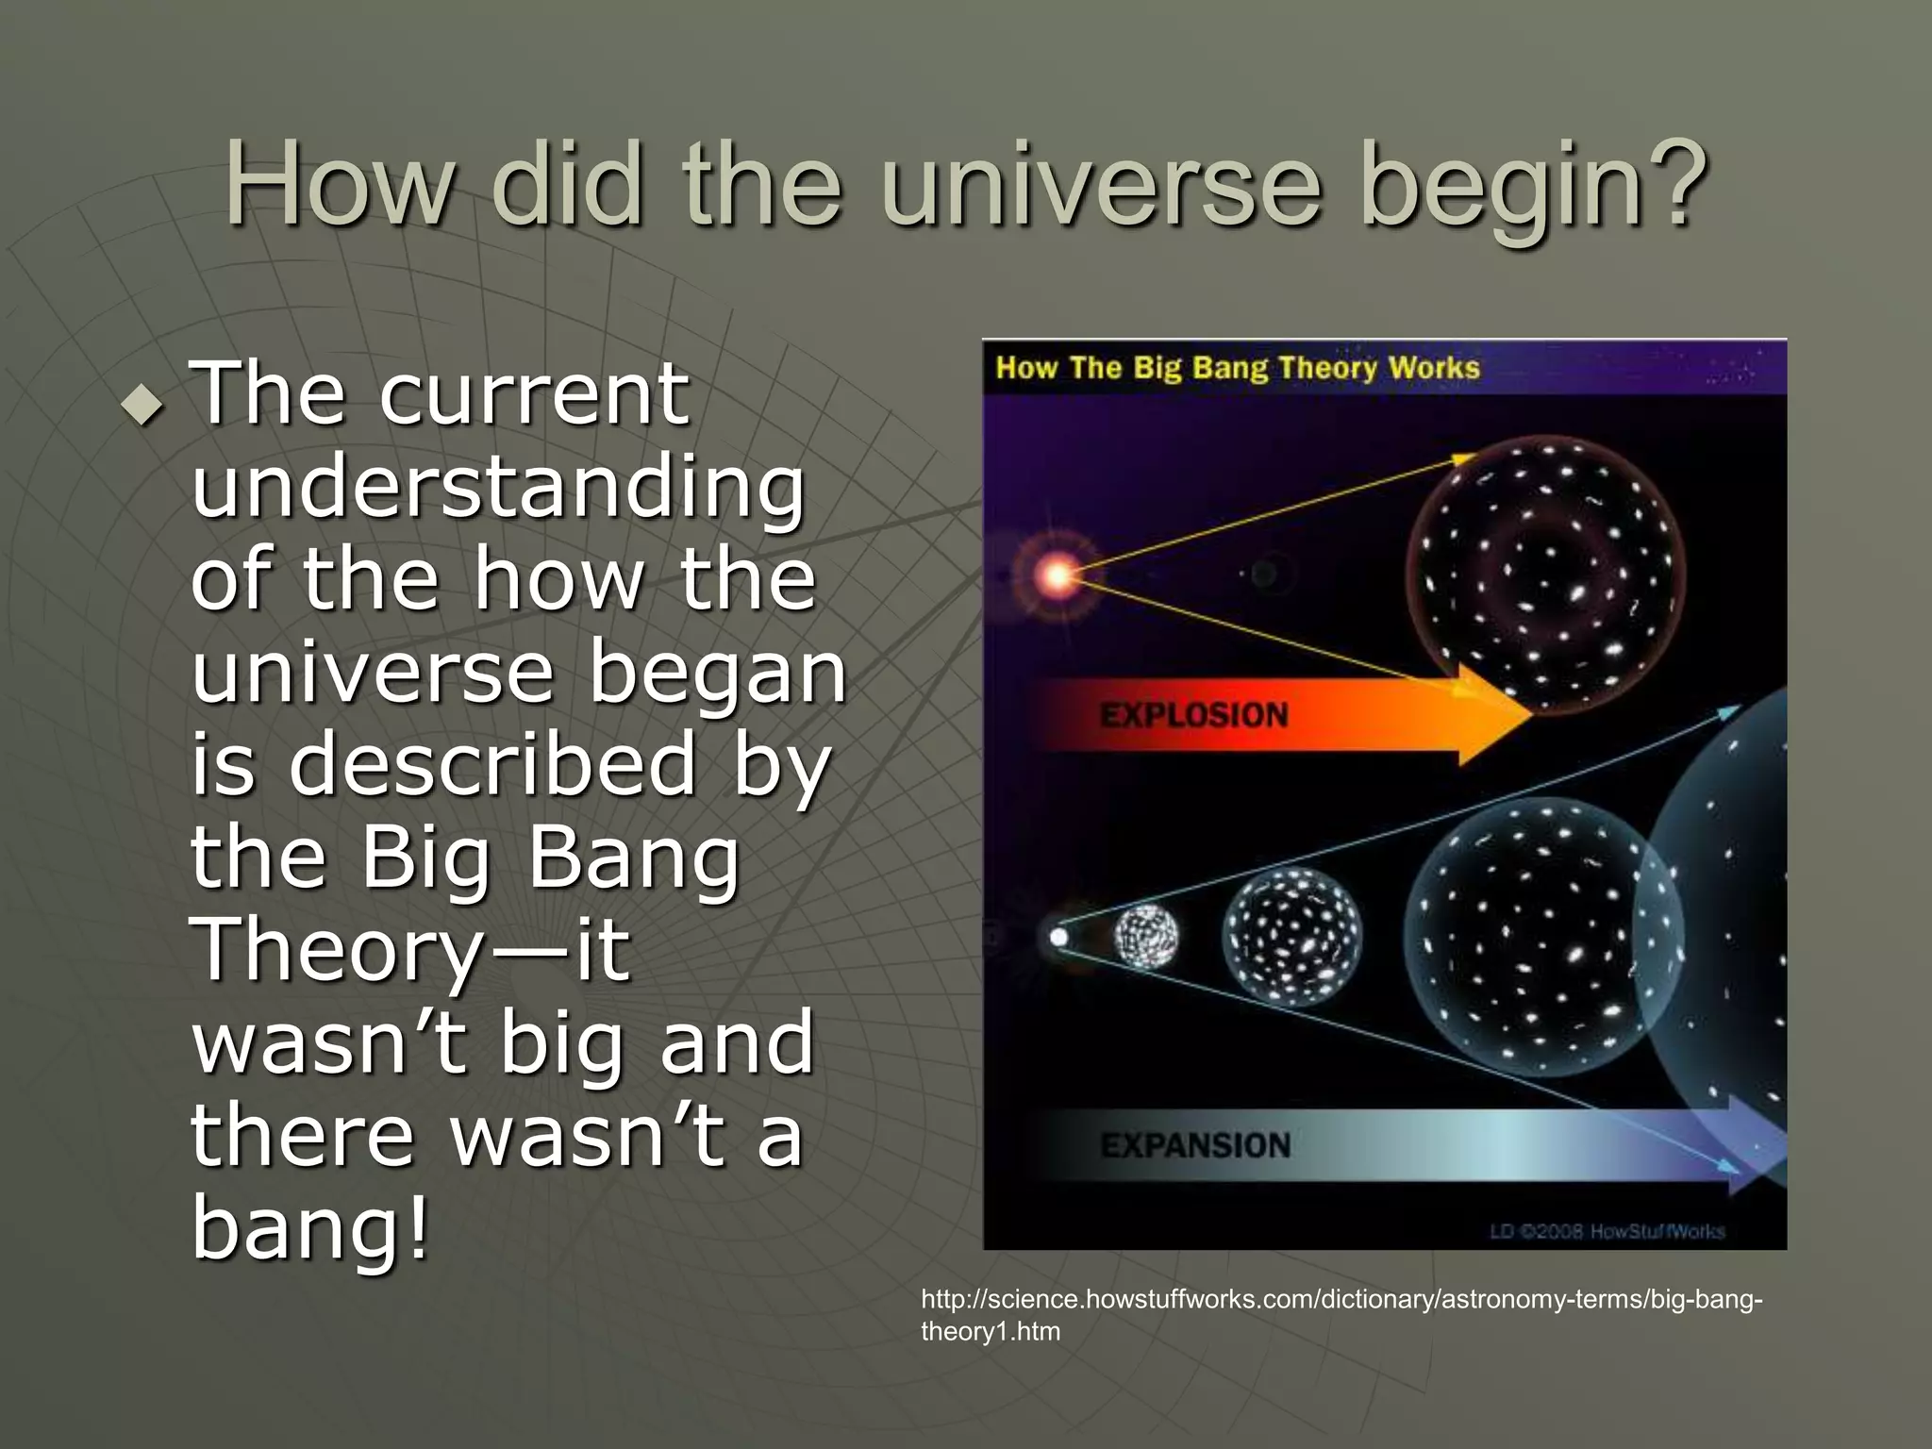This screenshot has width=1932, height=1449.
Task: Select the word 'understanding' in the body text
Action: pyautogui.click(x=498, y=489)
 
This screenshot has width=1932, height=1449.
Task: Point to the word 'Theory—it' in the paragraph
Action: pyautogui.click(x=410, y=951)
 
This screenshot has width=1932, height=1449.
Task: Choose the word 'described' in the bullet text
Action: pyautogui.click(x=492, y=765)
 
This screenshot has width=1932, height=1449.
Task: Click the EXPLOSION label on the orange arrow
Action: pyautogui.click(x=1193, y=715)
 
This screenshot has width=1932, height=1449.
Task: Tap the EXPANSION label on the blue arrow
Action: pyautogui.click(x=1195, y=1145)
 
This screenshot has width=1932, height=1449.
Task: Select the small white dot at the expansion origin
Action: pyautogui.click(x=1058, y=937)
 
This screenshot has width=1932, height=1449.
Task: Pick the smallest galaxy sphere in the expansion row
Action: pyautogui.click(x=1146, y=937)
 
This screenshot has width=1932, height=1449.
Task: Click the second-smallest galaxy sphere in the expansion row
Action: pyautogui.click(x=1292, y=937)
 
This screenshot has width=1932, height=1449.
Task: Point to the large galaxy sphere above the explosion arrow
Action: pyautogui.click(x=1545, y=574)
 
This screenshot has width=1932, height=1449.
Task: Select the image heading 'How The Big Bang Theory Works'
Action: pyautogui.click(x=1238, y=368)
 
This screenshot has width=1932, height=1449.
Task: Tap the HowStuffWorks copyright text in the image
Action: pyautogui.click(x=1607, y=1231)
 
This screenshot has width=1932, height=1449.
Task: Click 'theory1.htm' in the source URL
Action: pyautogui.click(x=991, y=1331)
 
